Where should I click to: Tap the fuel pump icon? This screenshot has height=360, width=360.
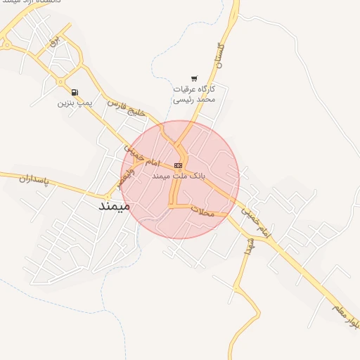(x=75, y=92)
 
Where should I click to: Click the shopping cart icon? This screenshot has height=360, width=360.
(x=194, y=79)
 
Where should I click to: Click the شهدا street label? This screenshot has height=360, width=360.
(x=247, y=243)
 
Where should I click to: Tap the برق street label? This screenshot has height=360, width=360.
(x=52, y=44)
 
